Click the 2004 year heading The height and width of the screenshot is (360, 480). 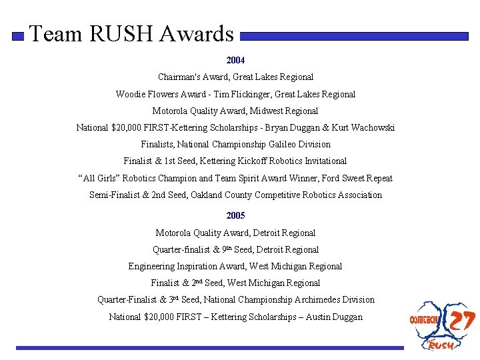[x=235, y=60]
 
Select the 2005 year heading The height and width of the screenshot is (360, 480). [x=235, y=215]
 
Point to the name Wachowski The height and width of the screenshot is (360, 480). [x=371, y=127]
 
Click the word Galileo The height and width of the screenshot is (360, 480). [x=279, y=144]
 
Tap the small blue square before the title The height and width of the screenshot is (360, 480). [x=18, y=36]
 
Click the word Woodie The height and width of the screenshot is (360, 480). [x=130, y=94]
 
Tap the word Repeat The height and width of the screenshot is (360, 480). [x=377, y=178]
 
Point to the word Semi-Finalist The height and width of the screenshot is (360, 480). [x=115, y=195]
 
